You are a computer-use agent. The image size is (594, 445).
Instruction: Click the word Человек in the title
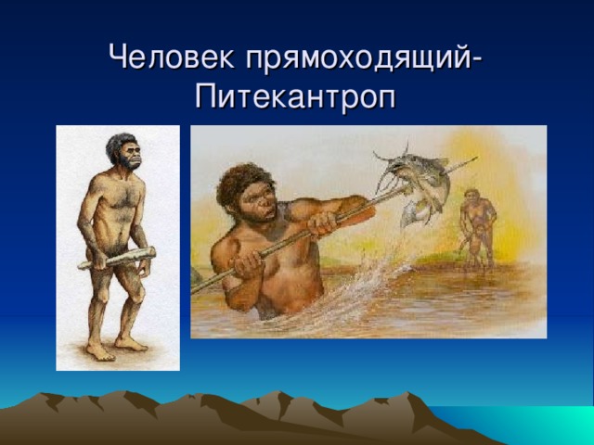(172, 58)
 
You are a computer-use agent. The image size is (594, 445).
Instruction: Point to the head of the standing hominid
(125, 151)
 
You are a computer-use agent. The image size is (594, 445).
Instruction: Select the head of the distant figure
(473, 197)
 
